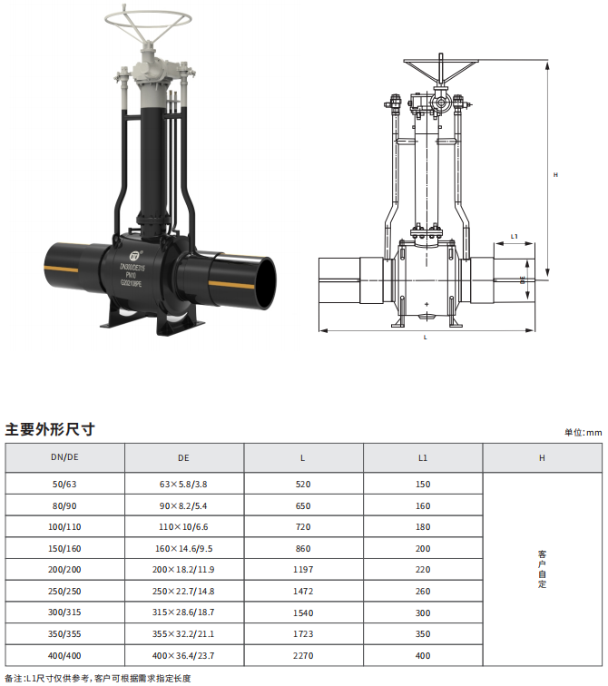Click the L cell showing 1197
tap(303, 570)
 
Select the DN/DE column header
tap(64, 457)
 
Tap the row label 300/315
tap(64, 612)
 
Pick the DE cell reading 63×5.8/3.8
tap(183, 485)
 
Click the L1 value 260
tap(423, 591)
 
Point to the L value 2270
tap(303, 655)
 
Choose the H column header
tap(542, 458)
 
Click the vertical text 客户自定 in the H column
tap(543, 569)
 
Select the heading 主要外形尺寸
tap(50, 429)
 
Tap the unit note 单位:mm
tap(583, 432)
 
